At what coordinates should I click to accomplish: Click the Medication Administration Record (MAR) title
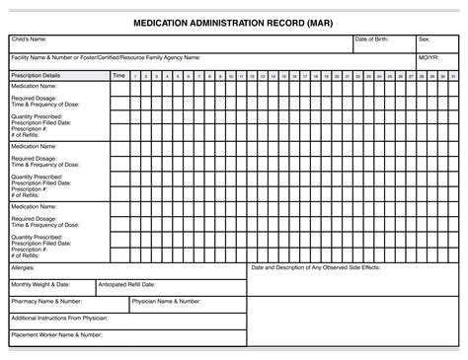pyautogui.click(x=234, y=22)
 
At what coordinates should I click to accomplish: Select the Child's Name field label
pyautogui.click(x=30, y=39)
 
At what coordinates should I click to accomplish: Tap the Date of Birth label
pyautogui.click(x=373, y=39)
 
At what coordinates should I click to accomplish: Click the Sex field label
pyautogui.click(x=424, y=39)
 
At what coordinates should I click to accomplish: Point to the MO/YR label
pyautogui.click(x=428, y=58)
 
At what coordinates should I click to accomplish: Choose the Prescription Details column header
pyautogui.click(x=36, y=75)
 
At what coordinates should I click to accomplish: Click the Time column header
pyautogui.click(x=118, y=75)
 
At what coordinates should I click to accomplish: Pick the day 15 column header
pyautogui.click(x=284, y=76)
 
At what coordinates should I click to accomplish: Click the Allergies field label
pyautogui.click(x=23, y=267)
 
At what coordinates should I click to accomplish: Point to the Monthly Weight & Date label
pyautogui.click(x=40, y=284)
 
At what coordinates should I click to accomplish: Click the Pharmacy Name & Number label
pyautogui.click(x=46, y=301)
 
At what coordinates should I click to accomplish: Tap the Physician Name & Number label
pyautogui.click(x=167, y=301)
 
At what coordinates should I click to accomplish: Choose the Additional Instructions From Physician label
pyautogui.click(x=58, y=318)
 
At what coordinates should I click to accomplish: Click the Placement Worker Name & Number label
pyautogui.click(x=57, y=334)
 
